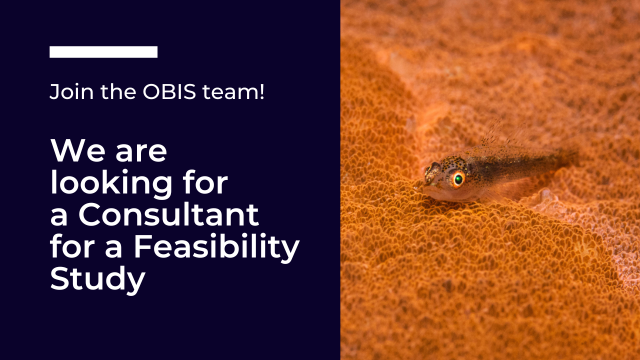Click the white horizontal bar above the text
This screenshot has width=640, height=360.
(x=104, y=52)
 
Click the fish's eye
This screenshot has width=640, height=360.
(x=458, y=179)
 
